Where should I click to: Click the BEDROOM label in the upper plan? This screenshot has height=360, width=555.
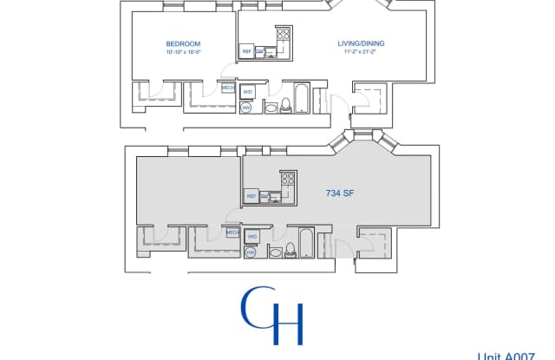point(183,43)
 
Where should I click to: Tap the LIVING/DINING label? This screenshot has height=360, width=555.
point(362,43)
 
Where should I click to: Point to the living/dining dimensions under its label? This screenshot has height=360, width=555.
point(362,53)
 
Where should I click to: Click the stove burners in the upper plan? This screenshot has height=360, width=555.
point(283,36)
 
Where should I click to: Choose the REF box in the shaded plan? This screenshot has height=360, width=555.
point(251,197)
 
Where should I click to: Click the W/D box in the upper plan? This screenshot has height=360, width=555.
point(248,91)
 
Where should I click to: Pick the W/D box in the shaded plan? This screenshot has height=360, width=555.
point(252,236)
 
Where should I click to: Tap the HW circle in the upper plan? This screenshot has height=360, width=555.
point(245,108)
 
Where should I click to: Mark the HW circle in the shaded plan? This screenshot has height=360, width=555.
point(250,252)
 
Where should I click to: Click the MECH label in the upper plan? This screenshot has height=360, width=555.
point(228,88)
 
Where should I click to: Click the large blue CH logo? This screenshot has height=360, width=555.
point(271,317)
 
